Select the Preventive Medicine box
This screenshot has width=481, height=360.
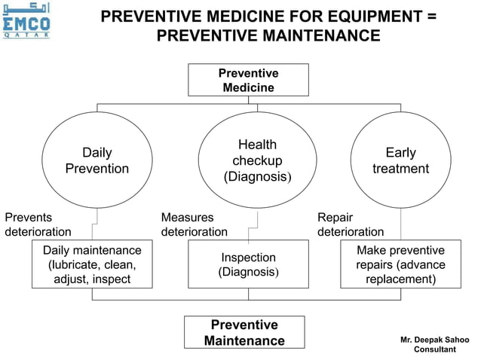click(x=248, y=81)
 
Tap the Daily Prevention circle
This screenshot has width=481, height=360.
click(x=97, y=160)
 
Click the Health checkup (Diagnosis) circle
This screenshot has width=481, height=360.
click(x=257, y=160)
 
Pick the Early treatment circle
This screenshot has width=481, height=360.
click(x=400, y=160)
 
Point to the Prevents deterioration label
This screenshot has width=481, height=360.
click(x=38, y=224)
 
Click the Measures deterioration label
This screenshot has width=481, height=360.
click(x=194, y=224)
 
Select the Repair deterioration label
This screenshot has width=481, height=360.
click(x=350, y=224)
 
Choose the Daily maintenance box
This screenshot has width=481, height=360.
click(x=92, y=264)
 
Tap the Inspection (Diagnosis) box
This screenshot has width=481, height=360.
click(x=248, y=264)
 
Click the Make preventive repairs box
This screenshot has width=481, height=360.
click(x=400, y=264)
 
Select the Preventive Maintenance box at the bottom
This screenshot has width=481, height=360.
click(x=244, y=333)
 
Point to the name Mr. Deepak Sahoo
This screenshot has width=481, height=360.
click(x=435, y=340)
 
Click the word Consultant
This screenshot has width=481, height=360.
click(x=435, y=350)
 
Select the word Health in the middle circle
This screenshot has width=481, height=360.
click(x=257, y=145)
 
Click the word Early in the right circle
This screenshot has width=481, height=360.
click(x=400, y=153)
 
